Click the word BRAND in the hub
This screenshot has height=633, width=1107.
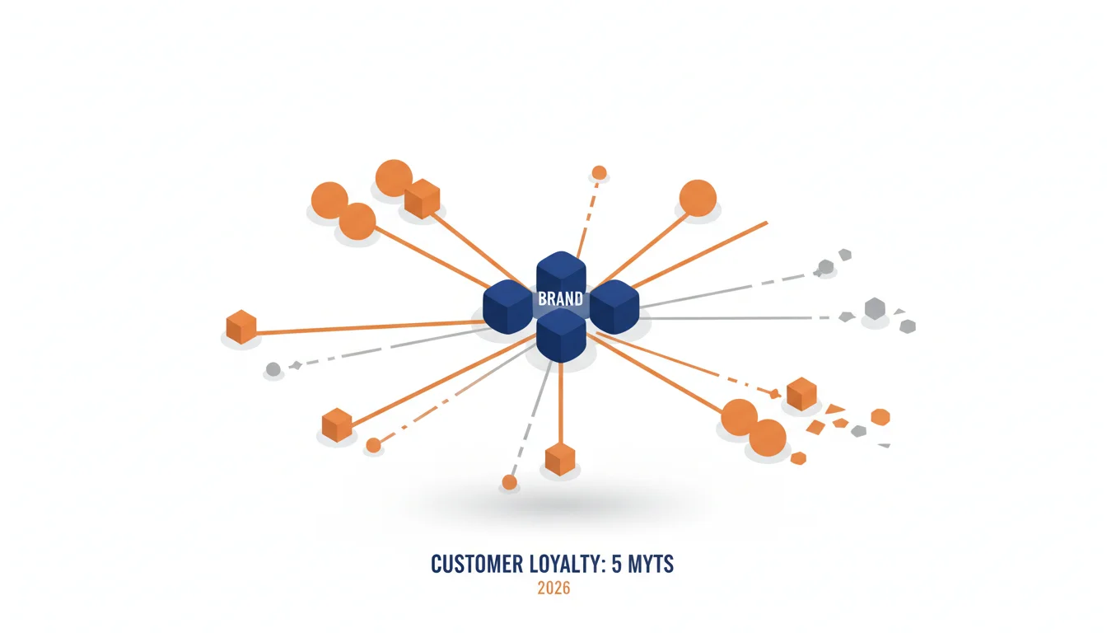coord(560,298)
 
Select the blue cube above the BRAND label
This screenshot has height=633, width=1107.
coord(561,275)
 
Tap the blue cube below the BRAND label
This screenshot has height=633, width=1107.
coord(561,335)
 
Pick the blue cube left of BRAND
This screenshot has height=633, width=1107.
coord(507,307)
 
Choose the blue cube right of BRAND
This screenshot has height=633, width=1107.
coord(614,307)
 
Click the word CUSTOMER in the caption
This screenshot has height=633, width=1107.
coord(477,565)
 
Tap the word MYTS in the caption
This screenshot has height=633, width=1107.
coord(651,565)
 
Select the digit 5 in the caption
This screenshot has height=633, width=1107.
coord(617,565)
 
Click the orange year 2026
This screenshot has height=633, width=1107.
coord(553,588)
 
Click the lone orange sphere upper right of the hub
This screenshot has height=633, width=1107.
coord(698,198)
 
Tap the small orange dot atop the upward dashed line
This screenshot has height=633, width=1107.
coord(599,172)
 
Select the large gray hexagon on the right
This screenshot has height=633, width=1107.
coord(875,308)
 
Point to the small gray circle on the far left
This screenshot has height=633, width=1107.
coord(273,369)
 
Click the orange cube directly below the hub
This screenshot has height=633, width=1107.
coord(560,459)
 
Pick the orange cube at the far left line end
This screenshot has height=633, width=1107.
coord(241,327)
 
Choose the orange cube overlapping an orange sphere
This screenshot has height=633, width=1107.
coord(422,199)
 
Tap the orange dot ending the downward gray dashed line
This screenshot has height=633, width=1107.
coord(509,482)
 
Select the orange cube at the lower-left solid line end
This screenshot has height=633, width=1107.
coord(337,424)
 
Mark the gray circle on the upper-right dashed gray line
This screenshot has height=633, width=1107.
coord(826,267)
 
